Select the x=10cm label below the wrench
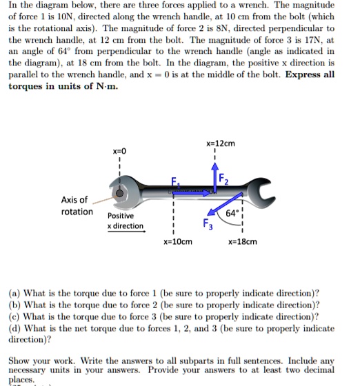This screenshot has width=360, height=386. point(177,242)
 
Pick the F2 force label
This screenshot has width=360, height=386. point(225,181)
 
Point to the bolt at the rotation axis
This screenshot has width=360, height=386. point(121,194)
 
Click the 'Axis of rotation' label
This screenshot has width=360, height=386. point(77,205)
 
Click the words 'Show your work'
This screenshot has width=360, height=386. point(39,360)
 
